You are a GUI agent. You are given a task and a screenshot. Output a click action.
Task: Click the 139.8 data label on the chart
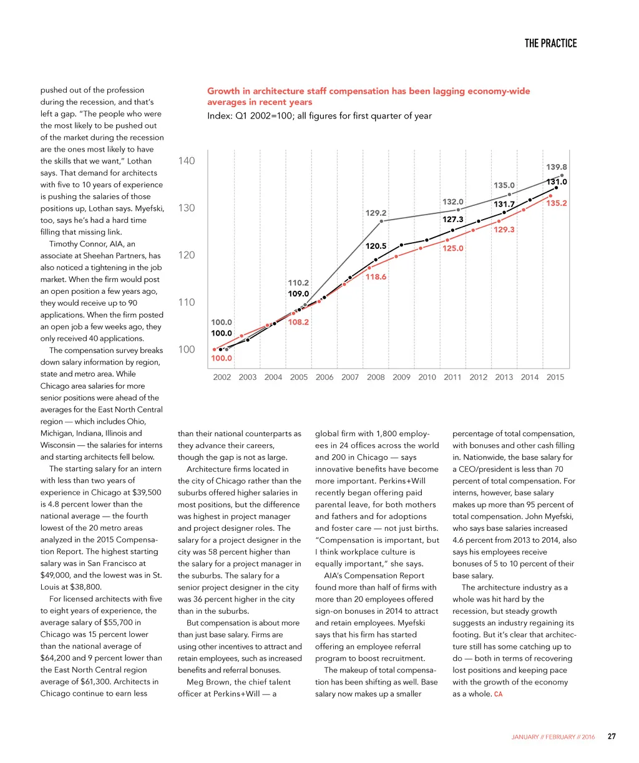pyautogui.click(x=557, y=167)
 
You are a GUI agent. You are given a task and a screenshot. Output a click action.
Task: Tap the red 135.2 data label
pyautogui.click(x=556, y=203)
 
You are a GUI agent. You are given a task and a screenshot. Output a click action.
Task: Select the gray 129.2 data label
pyautogui.click(x=376, y=213)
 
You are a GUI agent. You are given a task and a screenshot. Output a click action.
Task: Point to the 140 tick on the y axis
pyautogui.click(x=187, y=161)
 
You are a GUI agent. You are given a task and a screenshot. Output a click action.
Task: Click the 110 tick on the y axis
pyautogui.click(x=187, y=303)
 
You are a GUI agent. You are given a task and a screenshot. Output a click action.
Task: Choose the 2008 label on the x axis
pyautogui.click(x=376, y=377)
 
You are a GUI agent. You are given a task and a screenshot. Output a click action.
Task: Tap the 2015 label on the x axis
pyautogui.click(x=555, y=377)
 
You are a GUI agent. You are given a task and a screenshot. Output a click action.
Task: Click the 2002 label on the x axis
pyautogui.click(x=222, y=377)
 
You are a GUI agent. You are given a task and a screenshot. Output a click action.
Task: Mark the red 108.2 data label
pyautogui.click(x=298, y=323)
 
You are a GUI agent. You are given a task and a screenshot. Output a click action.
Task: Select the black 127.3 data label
pyautogui.click(x=453, y=220)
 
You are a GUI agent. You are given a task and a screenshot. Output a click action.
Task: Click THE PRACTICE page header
pyautogui.click(x=550, y=43)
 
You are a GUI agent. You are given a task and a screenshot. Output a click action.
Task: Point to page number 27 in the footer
pyautogui.click(x=612, y=737)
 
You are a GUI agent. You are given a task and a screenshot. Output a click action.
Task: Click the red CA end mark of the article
pyautogui.click(x=498, y=694)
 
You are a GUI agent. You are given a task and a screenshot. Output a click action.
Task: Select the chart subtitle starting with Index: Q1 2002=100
pyautogui.click(x=319, y=115)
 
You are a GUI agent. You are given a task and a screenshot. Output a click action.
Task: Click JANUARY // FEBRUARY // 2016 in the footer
pyautogui.click(x=553, y=737)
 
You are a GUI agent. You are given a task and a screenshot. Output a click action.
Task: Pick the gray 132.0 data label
pyautogui.click(x=453, y=202)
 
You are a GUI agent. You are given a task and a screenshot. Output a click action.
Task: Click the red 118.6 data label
pyautogui.click(x=376, y=277)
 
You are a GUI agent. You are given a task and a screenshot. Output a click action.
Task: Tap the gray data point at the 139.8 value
pyautogui.click(x=562, y=176)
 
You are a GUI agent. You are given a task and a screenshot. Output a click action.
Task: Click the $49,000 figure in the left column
pyautogui.click(x=56, y=575)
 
